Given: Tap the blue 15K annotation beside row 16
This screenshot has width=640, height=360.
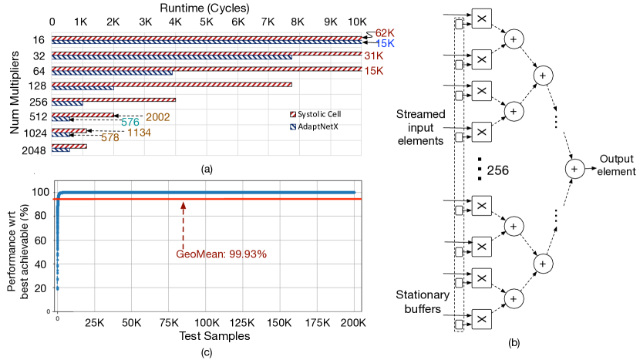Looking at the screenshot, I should pyautogui.click(x=385, y=43).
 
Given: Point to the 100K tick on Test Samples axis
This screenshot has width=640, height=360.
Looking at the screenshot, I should pyautogui.click(x=206, y=322).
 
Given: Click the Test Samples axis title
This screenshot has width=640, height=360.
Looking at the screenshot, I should pyautogui.click(x=206, y=336).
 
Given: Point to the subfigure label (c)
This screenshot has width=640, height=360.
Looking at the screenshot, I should pyautogui.click(x=206, y=353).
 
